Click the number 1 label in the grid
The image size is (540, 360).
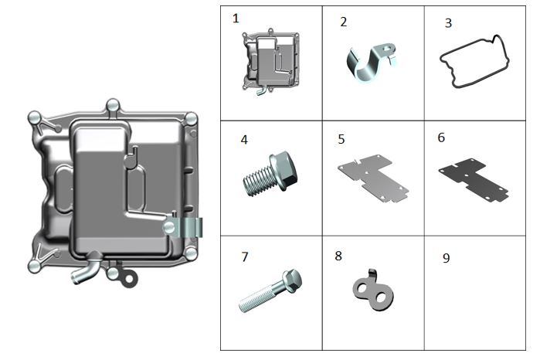point(236,18)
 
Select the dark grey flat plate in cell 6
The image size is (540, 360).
point(474,179)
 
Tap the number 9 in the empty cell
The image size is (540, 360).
point(446,258)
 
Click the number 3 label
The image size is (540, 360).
point(448,23)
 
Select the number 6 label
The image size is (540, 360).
point(441,138)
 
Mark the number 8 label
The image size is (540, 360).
point(338,256)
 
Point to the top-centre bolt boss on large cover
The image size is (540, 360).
point(112,105)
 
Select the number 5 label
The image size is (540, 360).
point(341,140)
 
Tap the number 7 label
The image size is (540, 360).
point(245,256)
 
